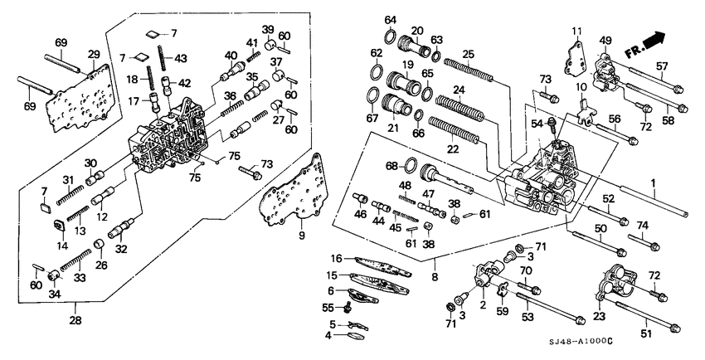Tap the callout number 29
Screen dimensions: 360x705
click(94, 54)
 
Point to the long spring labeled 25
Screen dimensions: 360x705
click(469, 69)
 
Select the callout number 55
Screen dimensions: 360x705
click(328, 307)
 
